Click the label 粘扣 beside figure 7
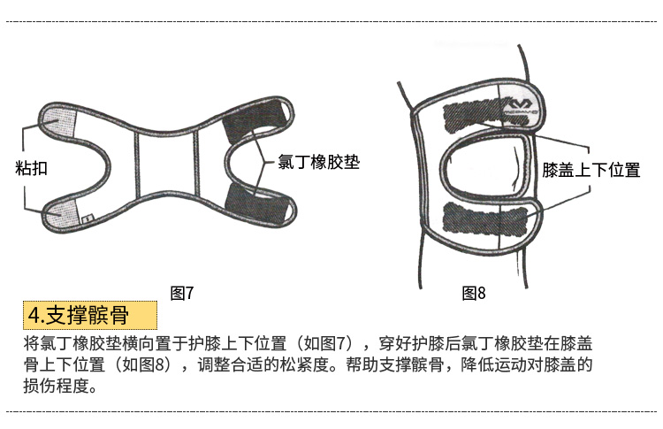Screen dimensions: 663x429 [x=32, y=167]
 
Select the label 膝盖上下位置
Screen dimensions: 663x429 [x=591, y=170]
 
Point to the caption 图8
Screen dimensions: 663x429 [x=474, y=294]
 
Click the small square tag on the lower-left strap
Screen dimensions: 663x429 [x=87, y=217]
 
